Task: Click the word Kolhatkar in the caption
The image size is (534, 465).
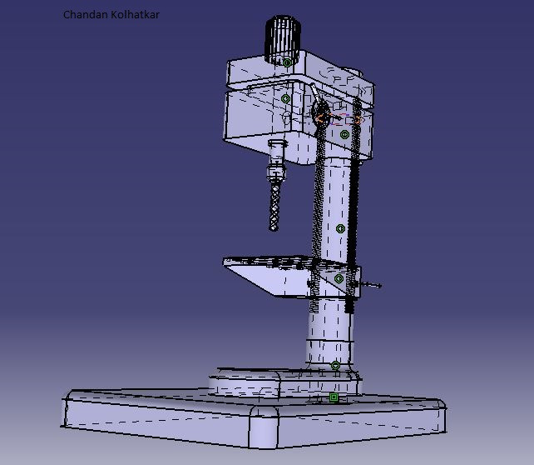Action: tap(135, 15)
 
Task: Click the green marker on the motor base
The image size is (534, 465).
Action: tap(287, 62)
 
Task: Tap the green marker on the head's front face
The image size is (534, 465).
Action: tap(286, 98)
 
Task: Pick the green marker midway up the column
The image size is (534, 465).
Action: tap(340, 228)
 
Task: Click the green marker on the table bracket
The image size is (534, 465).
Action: tap(339, 279)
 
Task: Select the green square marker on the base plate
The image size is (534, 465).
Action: tap(334, 397)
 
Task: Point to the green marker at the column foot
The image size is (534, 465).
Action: tap(335, 365)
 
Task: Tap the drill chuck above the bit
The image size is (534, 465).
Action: tap(275, 173)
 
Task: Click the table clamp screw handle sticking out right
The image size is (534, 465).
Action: tap(371, 287)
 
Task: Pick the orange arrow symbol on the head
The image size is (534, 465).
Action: tap(319, 119)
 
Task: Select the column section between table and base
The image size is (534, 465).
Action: tap(329, 333)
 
